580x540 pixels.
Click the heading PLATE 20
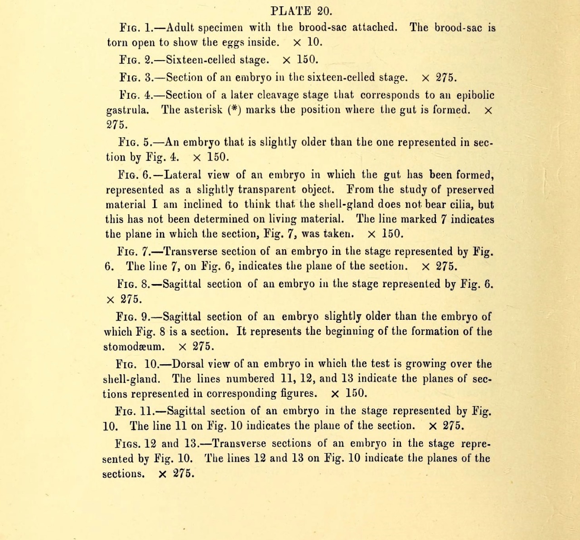(301, 11)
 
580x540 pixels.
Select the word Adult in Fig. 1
(179, 28)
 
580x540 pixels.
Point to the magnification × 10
(308, 43)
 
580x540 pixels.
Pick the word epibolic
(475, 96)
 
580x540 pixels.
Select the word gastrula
(127, 111)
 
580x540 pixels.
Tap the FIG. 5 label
(136, 142)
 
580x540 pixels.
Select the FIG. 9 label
(134, 317)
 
